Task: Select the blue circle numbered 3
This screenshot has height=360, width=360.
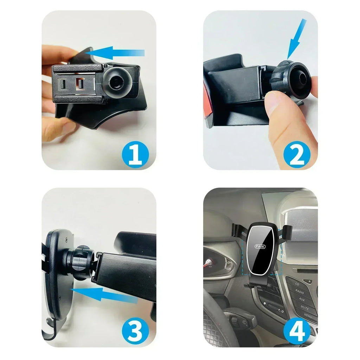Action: pos(135,331)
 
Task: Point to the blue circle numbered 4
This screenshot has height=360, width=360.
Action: pos(297,331)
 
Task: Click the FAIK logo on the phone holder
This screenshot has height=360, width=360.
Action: pos(261,246)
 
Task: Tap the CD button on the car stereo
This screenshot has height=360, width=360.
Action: pos(297,284)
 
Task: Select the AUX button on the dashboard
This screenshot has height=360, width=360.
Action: pos(302,300)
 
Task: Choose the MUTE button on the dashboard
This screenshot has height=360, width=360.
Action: pos(304,307)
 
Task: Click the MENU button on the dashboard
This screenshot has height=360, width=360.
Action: pos(308,315)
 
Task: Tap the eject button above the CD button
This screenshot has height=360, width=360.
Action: pos(308,281)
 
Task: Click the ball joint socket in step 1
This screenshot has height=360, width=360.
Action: pos(116,82)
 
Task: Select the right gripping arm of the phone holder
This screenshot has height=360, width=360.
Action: pos(287,232)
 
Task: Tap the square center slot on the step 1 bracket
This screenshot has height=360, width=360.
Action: pos(80,84)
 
